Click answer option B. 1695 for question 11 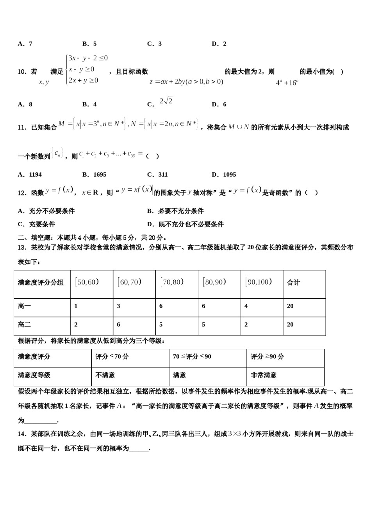[94, 175]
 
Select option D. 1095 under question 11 [224, 175]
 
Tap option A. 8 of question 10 [25, 104]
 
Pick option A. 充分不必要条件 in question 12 [46, 211]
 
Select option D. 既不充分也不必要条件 [185, 224]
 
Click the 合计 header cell [294, 283]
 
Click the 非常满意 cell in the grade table [264, 375]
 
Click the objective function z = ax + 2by [186, 82]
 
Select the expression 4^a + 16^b [287, 83]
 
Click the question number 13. [22, 247]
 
